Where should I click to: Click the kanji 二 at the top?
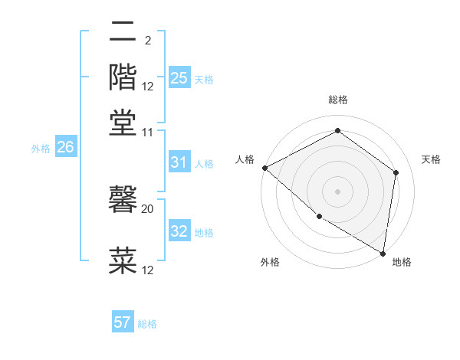point(123,32)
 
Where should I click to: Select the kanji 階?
point(123,76)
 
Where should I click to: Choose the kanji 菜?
point(123,259)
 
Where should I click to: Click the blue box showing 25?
point(179,78)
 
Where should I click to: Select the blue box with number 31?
point(179,162)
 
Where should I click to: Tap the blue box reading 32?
point(179,231)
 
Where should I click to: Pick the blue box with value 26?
point(64,148)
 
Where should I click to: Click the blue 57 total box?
point(122,322)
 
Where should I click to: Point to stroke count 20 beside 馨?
point(148,208)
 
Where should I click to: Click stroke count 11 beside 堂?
point(148,132)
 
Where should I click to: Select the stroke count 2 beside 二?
point(147,41)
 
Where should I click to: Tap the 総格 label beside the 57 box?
point(147,324)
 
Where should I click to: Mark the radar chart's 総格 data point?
point(337,131)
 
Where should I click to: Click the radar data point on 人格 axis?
point(264,168)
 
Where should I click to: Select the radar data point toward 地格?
point(383,252)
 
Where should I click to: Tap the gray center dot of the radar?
point(337,191)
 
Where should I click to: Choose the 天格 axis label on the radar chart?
point(431,159)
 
